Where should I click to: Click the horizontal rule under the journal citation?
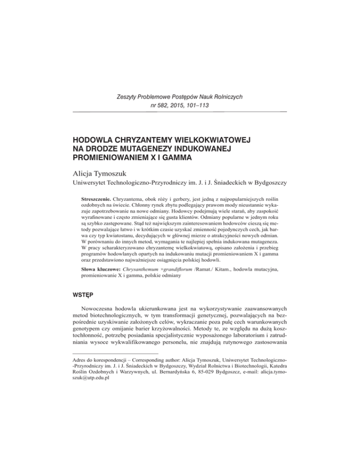click(180, 113)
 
